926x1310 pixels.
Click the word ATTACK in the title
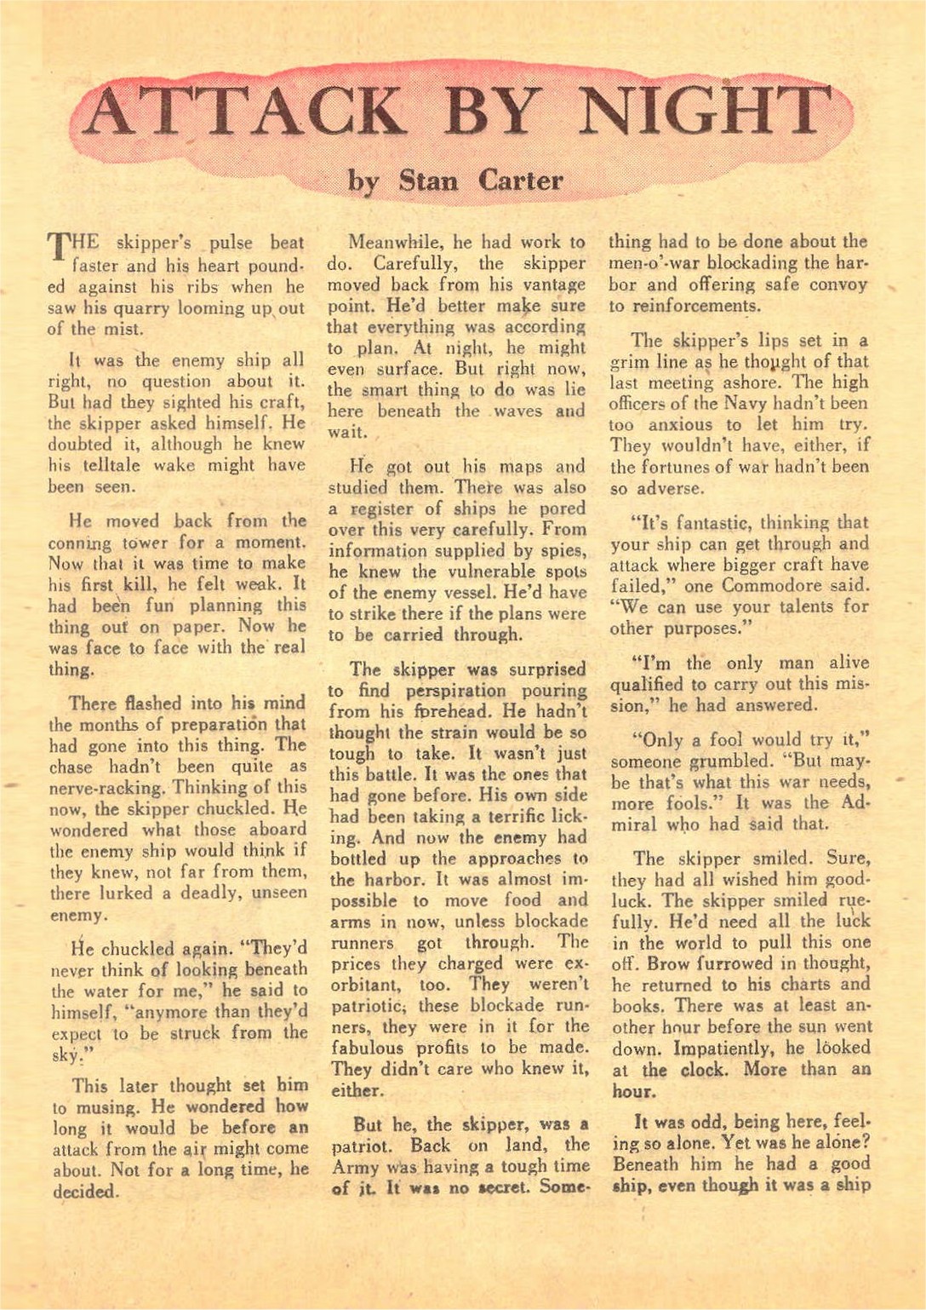pos(243,113)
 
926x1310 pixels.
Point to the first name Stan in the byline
pos(428,181)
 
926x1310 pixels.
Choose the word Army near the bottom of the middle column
pos(355,1167)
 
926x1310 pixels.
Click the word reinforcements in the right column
pos(683,307)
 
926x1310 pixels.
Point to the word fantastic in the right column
pos(690,523)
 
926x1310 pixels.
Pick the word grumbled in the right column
pos(730,761)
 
